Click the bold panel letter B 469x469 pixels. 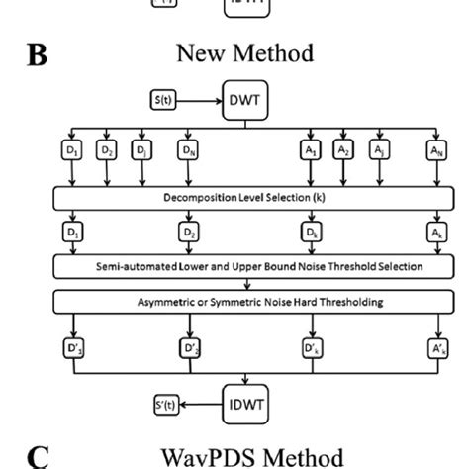(37, 53)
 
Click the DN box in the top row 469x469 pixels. (187, 151)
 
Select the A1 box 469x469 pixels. (311, 151)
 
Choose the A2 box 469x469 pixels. (343, 151)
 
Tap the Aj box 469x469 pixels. (377, 151)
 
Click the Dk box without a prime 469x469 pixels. (311, 233)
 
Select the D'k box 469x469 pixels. (311, 348)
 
